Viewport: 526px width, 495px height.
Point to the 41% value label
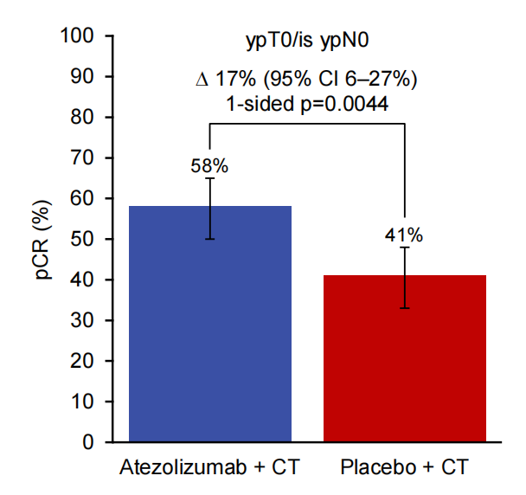click(x=404, y=235)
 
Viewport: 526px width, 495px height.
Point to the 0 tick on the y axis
click(x=88, y=442)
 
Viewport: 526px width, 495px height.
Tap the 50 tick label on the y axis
click(x=83, y=240)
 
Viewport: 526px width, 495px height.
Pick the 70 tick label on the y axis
click(x=83, y=158)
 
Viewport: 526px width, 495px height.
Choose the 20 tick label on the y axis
click(x=83, y=362)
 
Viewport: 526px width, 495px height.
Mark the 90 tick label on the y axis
click(x=83, y=77)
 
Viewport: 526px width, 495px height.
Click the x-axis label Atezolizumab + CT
click(x=210, y=469)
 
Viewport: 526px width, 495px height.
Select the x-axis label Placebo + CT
click(x=404, y=469)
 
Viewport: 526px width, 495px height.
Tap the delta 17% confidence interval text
click(x=305, y=81)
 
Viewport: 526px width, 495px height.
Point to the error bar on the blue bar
click(x=210, y=208)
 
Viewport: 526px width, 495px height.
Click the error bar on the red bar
click(x=404, y=277)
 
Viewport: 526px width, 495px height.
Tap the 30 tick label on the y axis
click(x=83, y=321)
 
